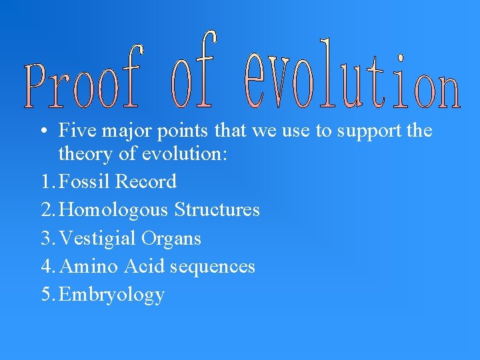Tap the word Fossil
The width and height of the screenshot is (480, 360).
[x=85, y=181]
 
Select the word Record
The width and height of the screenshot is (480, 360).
[x=146, y=181]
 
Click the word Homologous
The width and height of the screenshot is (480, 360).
[x=114, y=211]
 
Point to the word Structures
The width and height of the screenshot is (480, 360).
[x=217, y=210]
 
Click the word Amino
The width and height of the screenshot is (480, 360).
[x=88, y=267]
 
